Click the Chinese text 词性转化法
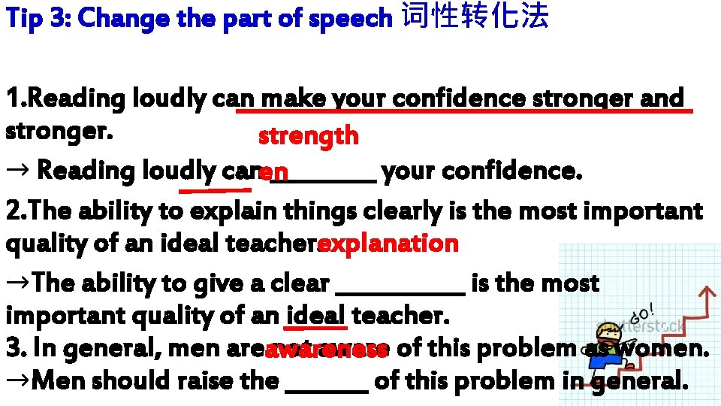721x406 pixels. click(475, 17)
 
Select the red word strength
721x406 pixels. click(308, 136)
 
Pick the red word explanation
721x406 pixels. click(388, 244)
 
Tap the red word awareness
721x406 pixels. click(326, 350)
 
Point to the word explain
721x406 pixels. click(225, 212)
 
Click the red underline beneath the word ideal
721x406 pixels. click(315, 328)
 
